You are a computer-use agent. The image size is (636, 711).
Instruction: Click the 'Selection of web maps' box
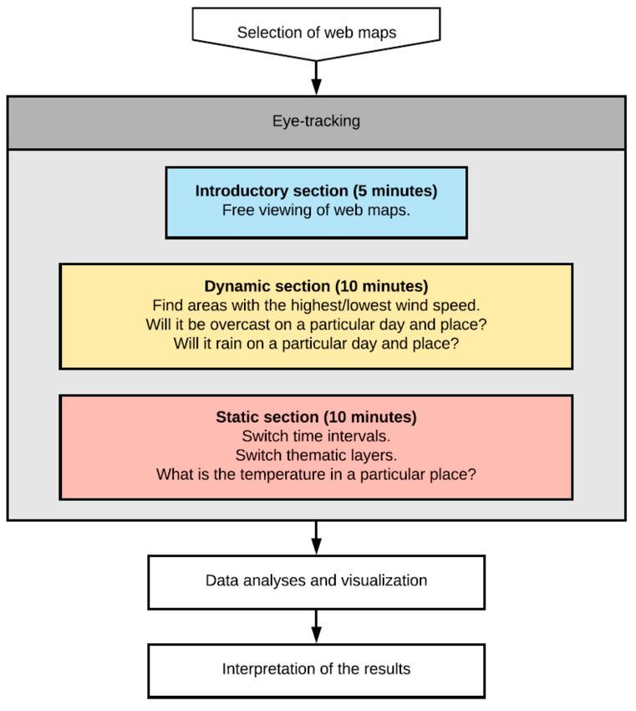(316, 33)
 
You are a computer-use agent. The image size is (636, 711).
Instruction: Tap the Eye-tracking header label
(316, 121)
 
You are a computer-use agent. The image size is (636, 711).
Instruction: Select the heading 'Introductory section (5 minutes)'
(316, 191)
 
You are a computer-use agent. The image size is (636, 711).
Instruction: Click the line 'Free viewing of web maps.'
(316, 210)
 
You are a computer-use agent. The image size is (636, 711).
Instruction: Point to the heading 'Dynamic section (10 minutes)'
(316, 286)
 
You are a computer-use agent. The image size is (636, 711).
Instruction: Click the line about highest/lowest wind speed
(316, 305)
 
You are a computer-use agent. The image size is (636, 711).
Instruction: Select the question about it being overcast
(316, 325)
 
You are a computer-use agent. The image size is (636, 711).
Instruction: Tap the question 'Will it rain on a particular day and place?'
(316, 343)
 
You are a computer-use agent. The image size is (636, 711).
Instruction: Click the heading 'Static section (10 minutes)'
(316, 417)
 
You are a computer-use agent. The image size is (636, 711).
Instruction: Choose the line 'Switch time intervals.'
(316, 436)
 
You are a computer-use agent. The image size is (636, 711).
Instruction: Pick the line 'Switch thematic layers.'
(316, 455)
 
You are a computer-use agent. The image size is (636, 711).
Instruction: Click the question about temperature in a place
(316, 474)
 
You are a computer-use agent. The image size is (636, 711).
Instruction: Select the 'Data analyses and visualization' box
(316, 582)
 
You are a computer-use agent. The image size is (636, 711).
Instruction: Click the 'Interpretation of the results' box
(316, 671)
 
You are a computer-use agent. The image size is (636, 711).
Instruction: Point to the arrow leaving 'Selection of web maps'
(316, 78)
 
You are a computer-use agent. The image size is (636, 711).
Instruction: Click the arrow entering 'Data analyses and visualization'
(316, 538)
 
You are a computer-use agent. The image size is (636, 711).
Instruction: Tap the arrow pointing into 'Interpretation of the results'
(316, 627)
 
